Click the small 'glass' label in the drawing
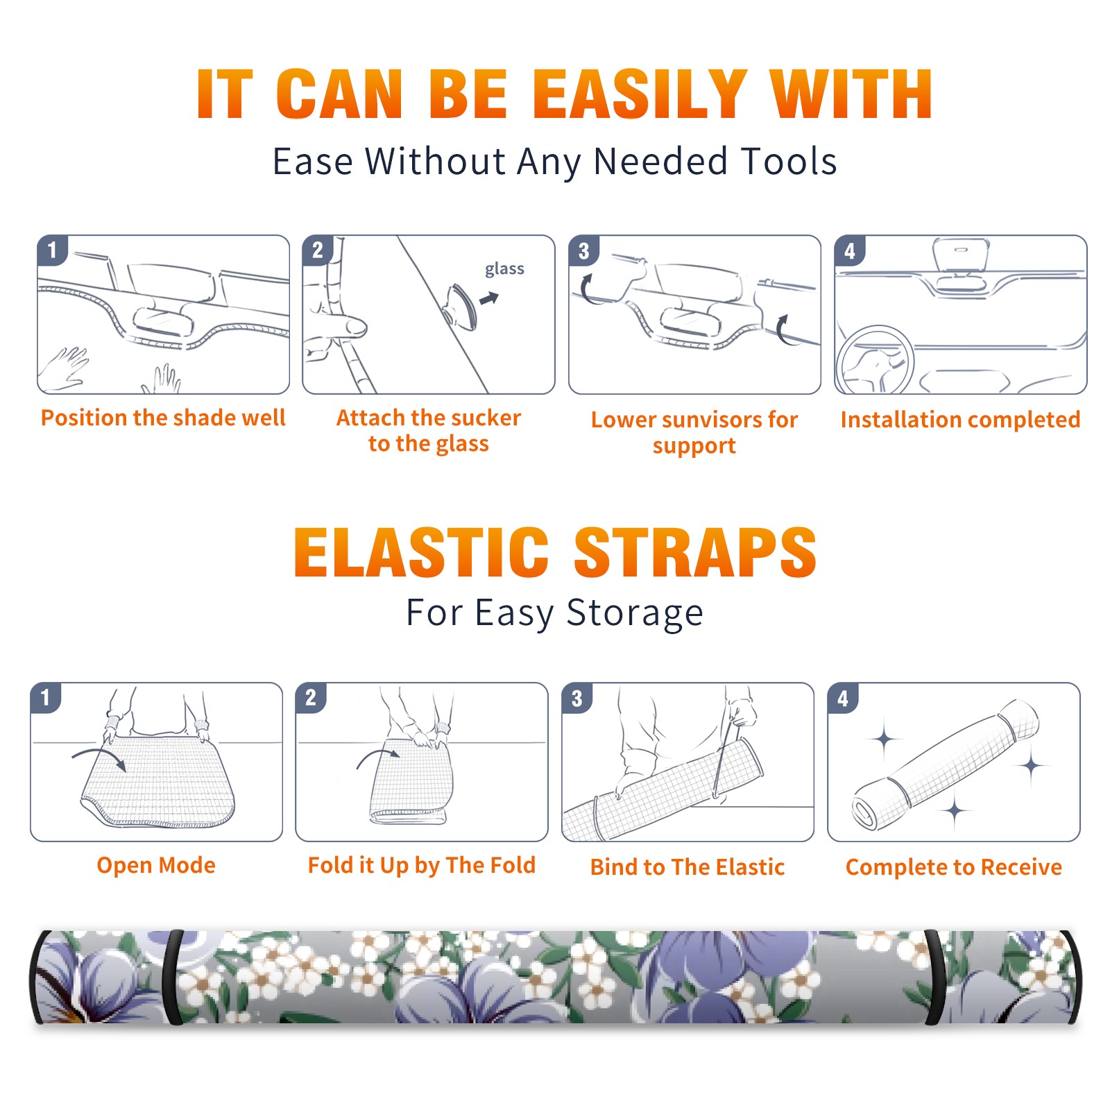click(x=504, y=269)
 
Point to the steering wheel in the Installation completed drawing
click(x=876, y=361)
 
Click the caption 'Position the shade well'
click(x=163, y=418)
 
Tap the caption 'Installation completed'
click(x=960, y=420)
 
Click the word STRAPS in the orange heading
click(x=696, y=552)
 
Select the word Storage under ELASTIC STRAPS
click(x=635, y=613)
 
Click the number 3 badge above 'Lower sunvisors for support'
click(x=583, y=250)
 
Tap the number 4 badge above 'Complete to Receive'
click(x=843, y=698)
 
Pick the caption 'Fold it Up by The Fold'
click(x=422, y=866)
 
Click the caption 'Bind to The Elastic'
click(x=688, y=867)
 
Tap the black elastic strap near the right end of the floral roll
click(x=935, y=977)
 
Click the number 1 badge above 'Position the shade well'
click(x=52, y=250)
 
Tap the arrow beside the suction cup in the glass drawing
click(x=489, y=298)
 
